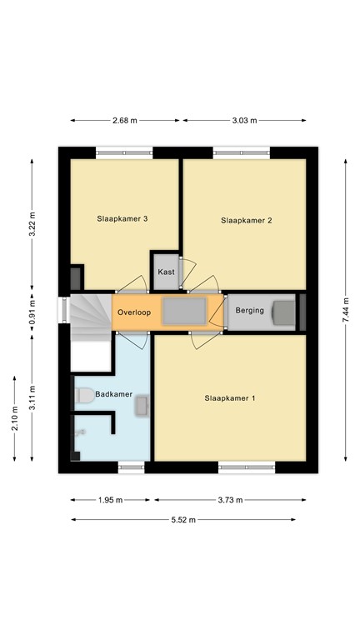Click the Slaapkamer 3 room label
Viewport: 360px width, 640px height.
tap(122, 219)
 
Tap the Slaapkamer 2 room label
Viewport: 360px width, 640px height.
tap(247, 221)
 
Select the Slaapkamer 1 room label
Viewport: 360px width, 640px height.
tap(230, 398)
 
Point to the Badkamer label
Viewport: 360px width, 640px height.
tap(113, 394)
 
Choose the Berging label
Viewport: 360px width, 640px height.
tap(249, 311)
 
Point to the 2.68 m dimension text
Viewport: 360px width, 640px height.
tap(125, 121)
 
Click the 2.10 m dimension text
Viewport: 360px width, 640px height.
tap(14, 417)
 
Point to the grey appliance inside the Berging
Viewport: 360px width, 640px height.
tap(283, 312)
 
